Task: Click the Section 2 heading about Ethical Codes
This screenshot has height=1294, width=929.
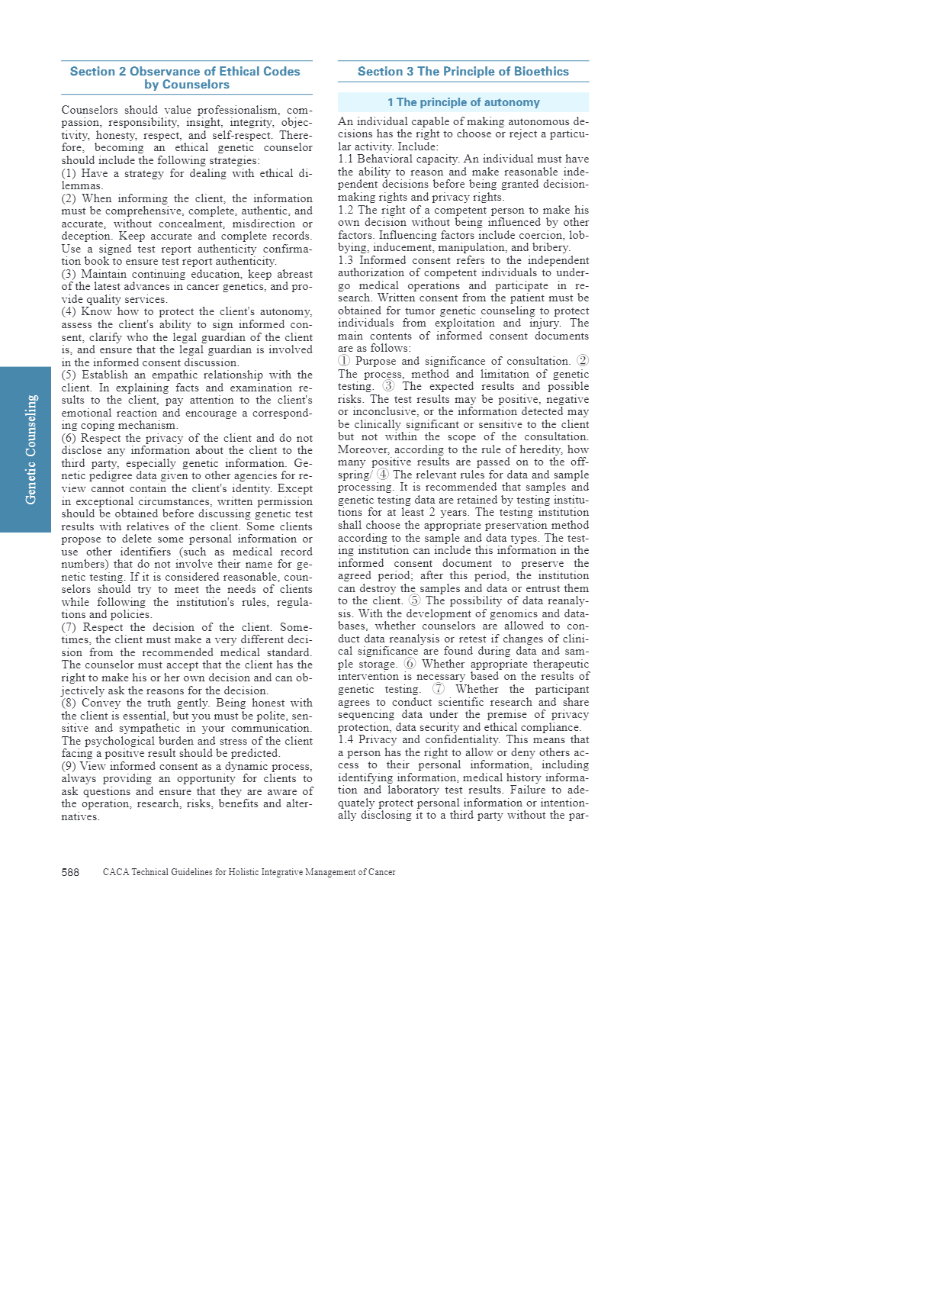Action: (185, 78)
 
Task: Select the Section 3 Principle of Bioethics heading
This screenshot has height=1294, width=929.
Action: (463, 72)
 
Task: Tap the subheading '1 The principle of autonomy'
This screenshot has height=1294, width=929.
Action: (463, 102)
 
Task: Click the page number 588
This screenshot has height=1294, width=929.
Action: (70, 872)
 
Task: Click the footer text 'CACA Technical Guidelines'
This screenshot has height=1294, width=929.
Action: (249, 872)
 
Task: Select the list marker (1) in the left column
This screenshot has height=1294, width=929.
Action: (69, 173)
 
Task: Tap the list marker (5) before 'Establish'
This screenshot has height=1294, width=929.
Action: (69, 375)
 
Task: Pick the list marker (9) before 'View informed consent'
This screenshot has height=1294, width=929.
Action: (69, 766)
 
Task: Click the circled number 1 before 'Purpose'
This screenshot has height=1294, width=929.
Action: (344, 361)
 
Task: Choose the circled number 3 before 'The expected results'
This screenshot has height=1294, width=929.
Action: (389, 386)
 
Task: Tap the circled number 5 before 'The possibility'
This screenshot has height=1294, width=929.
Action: (414, 600)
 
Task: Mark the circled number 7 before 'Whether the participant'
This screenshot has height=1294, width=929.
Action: (439, 689)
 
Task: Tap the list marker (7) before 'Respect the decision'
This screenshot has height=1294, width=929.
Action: (69, 627)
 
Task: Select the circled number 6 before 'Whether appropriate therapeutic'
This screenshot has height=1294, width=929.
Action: (410, 664)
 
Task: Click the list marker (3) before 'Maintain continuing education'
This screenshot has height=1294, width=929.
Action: (69, 274)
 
